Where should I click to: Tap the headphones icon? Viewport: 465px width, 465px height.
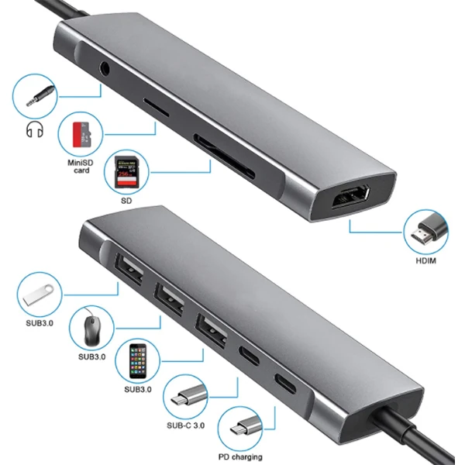pos(33,131)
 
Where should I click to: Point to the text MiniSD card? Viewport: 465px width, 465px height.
pos(78,166)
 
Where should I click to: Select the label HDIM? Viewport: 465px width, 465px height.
pos(426,260)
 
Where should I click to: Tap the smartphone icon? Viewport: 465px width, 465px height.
pos(137,363)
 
